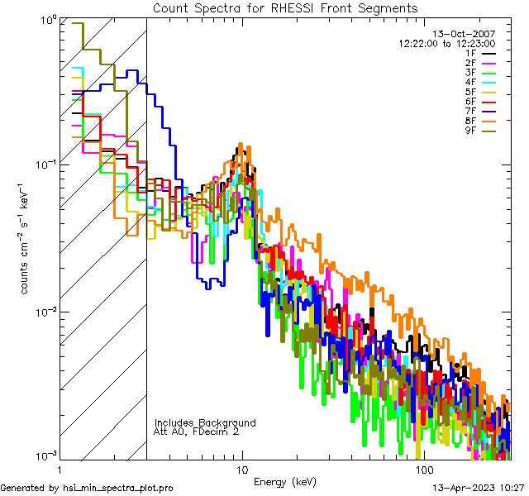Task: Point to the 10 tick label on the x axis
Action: coord(241,470)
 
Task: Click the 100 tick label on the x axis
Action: coord(423,470)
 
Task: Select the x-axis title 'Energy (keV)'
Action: coord(284,482)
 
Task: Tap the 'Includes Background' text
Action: coord(205,423)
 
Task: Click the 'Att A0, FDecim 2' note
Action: coord(197,432)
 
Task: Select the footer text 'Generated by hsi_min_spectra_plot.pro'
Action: coord(88,489)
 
